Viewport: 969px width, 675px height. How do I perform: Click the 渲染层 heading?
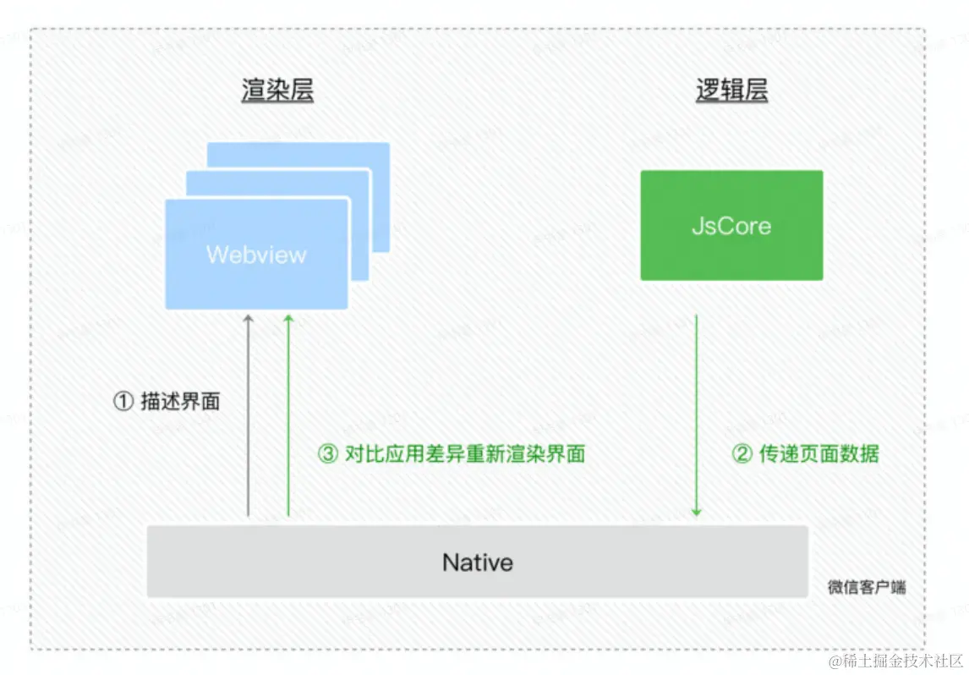click(277, 90)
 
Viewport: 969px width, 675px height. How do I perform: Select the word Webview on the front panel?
click(256, 255)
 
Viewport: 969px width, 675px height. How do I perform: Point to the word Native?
click(478, 562)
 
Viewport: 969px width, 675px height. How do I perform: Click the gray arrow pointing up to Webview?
click(248, 414)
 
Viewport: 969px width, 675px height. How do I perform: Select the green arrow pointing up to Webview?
click(288, 414)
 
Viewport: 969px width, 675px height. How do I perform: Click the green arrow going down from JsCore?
click(697, 414)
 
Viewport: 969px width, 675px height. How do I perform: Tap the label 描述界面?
click(180, 402)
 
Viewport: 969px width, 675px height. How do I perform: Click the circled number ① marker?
click(123, 402)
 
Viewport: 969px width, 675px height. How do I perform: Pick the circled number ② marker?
click(742, 454)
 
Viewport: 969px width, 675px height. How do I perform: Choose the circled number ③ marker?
click(327, 454)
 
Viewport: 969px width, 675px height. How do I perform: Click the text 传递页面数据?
click(818, 454)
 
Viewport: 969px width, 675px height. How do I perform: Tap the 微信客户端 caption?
click(867, 587)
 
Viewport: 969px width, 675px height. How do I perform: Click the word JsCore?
click(731, 226)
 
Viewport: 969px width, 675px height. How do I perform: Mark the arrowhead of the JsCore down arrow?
click(697, 511)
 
